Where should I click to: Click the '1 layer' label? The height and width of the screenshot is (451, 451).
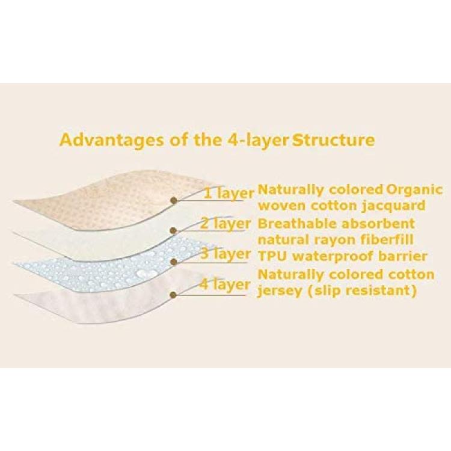click(229, 193)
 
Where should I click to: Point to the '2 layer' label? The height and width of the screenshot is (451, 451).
click(226, 224)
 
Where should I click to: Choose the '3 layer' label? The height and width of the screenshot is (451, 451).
click(226, 254)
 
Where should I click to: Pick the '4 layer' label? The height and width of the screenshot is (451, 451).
click(225, 285)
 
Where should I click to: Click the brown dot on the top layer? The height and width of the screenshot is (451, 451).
click(173, 200)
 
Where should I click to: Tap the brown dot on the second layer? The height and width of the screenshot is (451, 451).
click(173, 230)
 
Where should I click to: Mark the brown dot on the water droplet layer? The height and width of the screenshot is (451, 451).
click(173, 262)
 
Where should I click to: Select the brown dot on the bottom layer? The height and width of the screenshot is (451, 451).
click(173, 295)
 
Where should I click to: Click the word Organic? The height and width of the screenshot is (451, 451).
click(414, 191)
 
